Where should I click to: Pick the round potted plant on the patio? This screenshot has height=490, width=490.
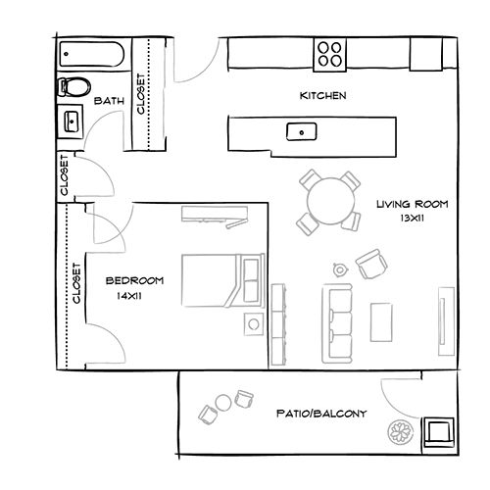(x=401, y=431)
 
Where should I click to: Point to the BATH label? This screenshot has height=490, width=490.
(x=108, y=101)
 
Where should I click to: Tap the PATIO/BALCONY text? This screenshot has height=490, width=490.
(x=321, y=414)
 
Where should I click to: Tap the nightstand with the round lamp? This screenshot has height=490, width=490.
(x=254, y=323)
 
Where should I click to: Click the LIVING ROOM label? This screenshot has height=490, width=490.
(x=412, y=206)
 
